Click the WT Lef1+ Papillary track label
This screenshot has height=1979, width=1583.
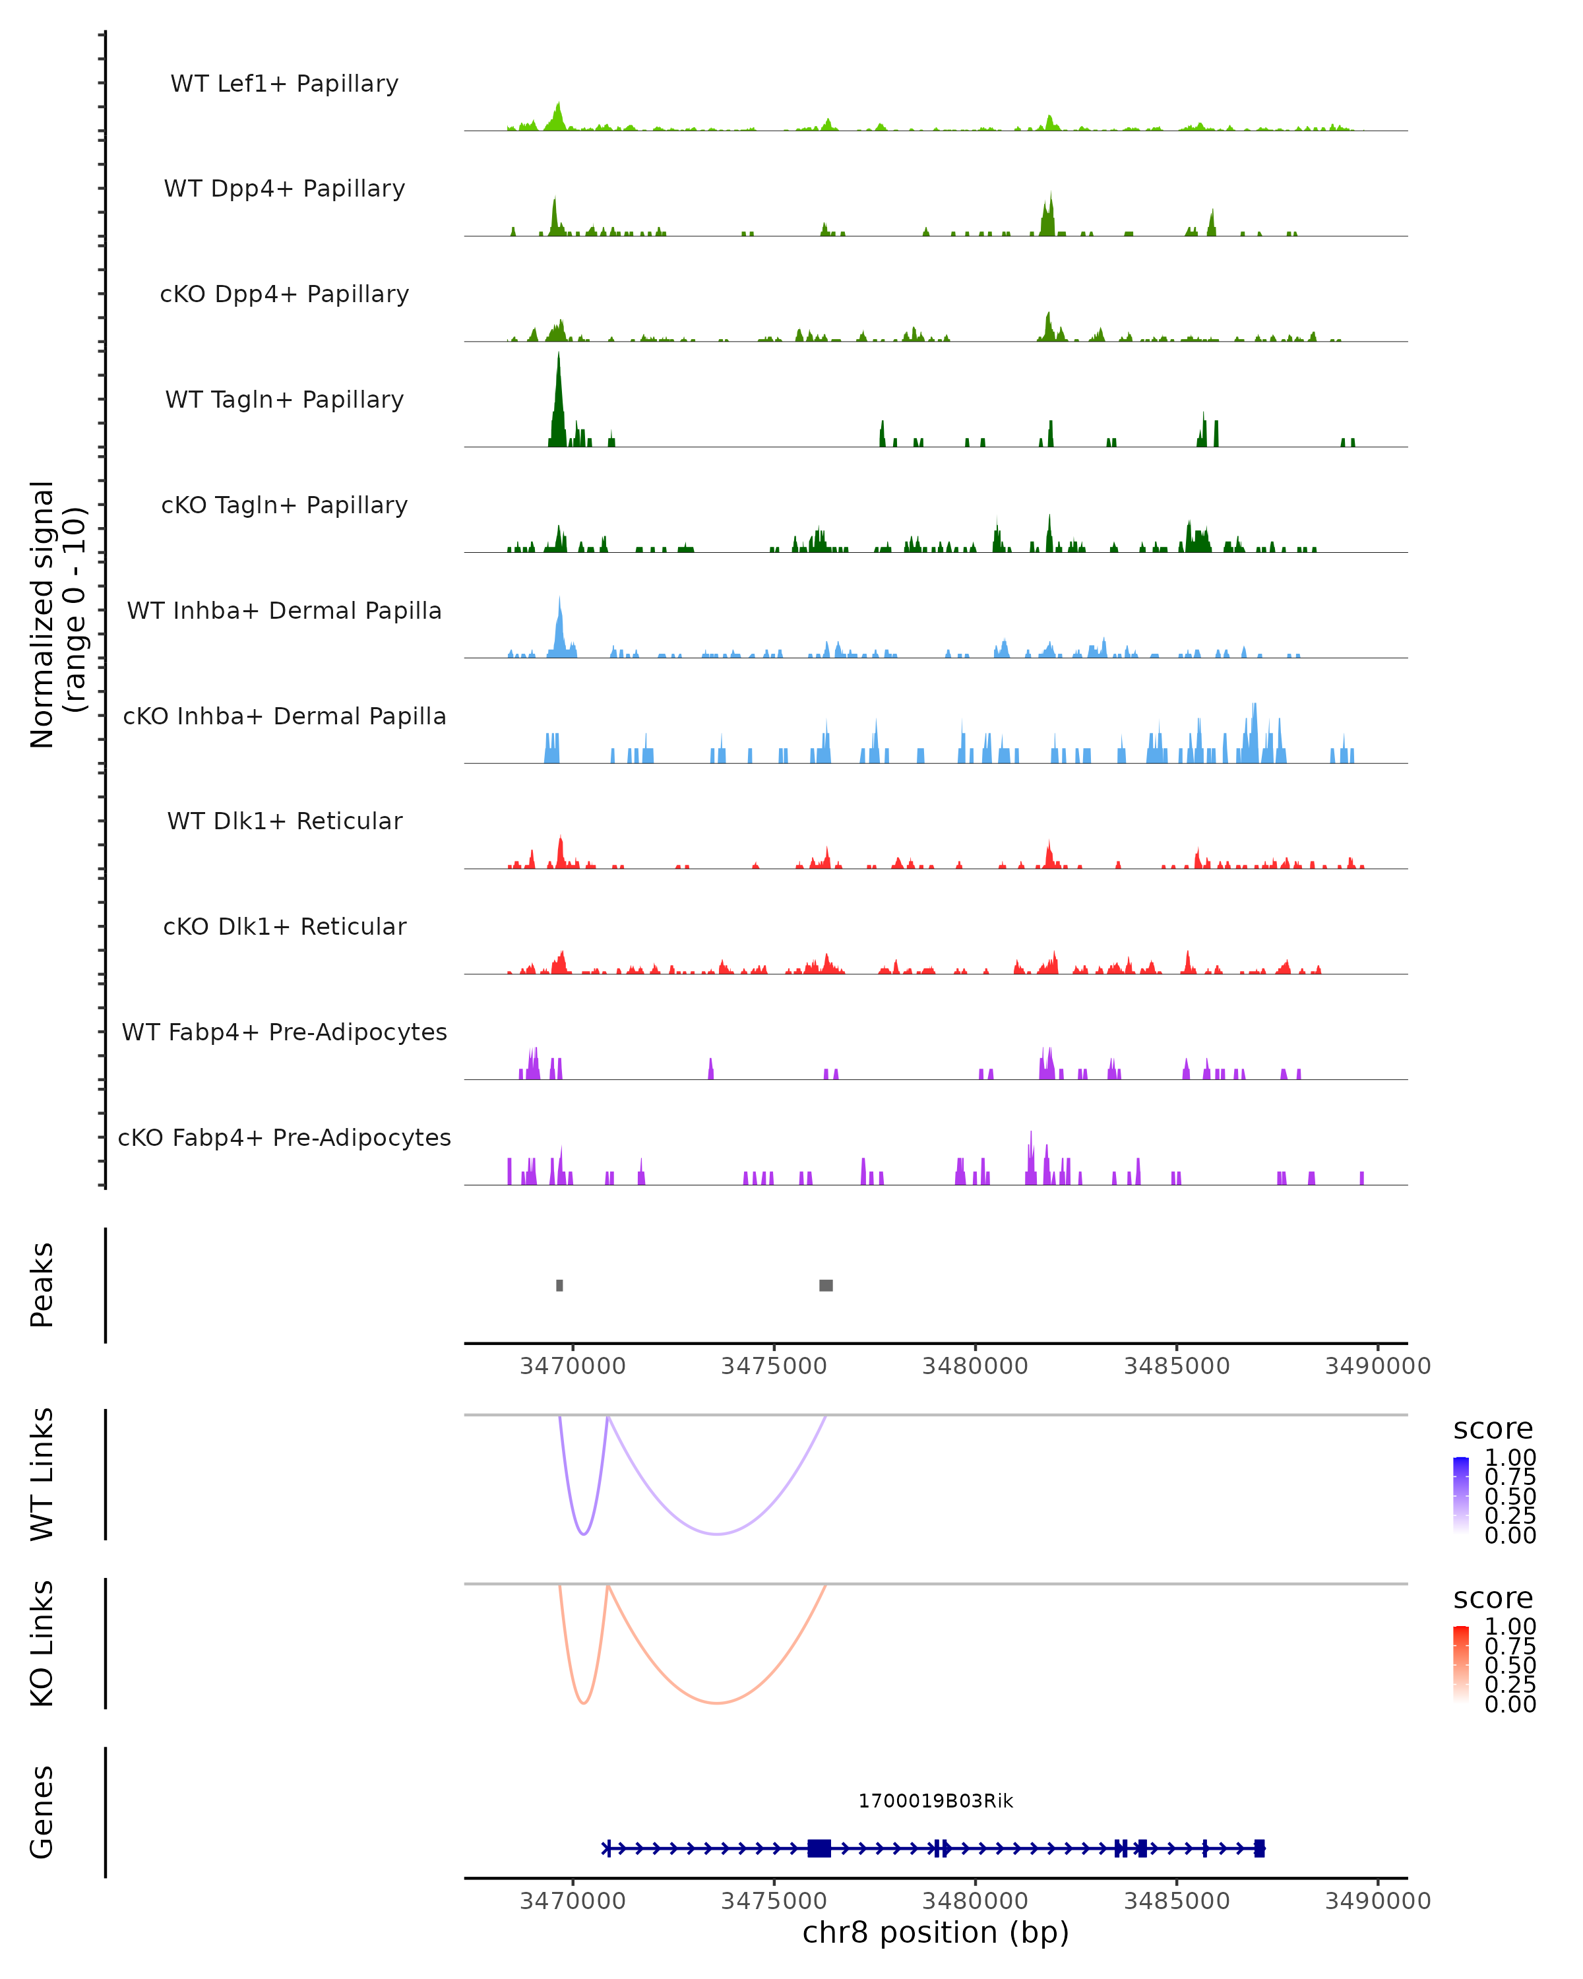284,84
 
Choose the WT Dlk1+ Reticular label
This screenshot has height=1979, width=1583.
284,821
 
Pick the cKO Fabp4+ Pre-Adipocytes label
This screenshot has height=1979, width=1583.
284,1137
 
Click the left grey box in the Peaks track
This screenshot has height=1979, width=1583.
560,1285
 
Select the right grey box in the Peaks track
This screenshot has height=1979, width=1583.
826,1285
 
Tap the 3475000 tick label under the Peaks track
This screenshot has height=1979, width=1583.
774,1366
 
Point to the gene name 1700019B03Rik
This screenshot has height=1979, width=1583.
935,1801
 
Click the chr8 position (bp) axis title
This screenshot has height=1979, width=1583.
935,1932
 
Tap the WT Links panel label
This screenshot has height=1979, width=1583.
42,1475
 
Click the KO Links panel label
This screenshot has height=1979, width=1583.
42,1644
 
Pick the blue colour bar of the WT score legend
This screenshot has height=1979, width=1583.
1461,1495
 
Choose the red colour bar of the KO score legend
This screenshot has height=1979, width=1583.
1461,1664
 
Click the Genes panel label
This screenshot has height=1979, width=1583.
42,1812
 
